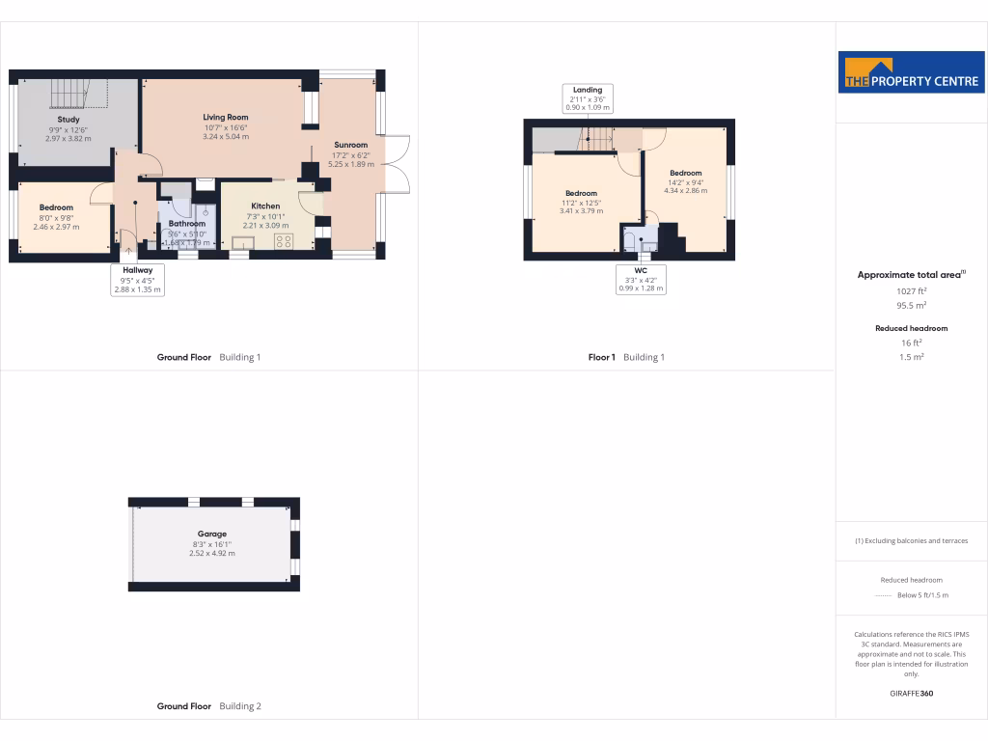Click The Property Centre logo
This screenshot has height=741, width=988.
(x=911, y=72)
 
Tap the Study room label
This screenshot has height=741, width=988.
(x=68, y=120)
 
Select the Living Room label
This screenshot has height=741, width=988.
(x=225, y=118)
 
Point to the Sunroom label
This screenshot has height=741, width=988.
(x=350, y=145)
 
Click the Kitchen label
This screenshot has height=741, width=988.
(x=265, y=206)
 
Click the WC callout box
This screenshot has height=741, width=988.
(x=642, y=279)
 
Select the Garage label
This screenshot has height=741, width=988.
(x=212, y=534)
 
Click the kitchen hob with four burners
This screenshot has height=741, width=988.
(x=284, y=241)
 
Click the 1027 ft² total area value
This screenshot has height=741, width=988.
(x=911, y=290)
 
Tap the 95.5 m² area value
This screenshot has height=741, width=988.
(x=911, y=305)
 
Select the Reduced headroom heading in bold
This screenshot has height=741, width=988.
(x=911, y=328)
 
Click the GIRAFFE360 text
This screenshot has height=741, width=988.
(x=911, y=693)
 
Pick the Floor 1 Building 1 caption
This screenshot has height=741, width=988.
(x=626, y=357)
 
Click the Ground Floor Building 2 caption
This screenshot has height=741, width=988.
(x=208, y=706)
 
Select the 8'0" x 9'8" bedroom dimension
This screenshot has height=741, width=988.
(x=56, y=217)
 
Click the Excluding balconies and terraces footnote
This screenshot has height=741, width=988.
(x=911, y=540)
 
